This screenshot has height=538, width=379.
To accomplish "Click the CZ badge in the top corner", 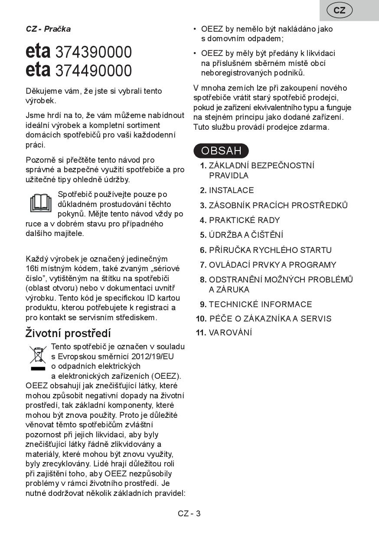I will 340,10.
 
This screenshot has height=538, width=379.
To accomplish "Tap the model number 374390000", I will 94,52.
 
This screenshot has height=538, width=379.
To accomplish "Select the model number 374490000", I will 94,70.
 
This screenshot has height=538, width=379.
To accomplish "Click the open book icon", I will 40,203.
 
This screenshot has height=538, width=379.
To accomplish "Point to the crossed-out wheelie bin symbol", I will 38,357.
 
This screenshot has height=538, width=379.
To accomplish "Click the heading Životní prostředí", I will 68,333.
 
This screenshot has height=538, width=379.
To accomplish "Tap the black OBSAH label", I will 221,151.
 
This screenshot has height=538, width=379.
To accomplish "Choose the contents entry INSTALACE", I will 231,190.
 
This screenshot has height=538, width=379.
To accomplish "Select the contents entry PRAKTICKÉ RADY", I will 244,220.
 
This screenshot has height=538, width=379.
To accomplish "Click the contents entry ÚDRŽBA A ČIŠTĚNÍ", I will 246,235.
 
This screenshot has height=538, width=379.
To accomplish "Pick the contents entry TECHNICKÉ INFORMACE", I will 260,304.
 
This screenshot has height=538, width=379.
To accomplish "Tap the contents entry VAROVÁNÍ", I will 230,333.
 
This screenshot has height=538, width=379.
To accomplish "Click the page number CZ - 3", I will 189,514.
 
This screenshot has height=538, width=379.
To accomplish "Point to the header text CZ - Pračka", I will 48,29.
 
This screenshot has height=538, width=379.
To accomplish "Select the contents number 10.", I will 201,319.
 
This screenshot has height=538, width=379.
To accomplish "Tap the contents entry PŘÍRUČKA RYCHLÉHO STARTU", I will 270,250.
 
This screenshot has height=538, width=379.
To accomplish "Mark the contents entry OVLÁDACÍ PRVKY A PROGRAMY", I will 272,265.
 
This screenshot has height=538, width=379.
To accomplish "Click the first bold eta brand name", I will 38,52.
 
